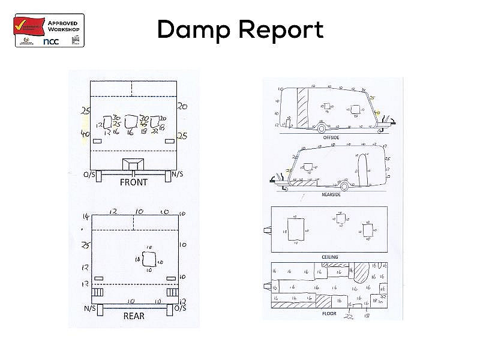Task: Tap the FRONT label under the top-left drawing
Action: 133,182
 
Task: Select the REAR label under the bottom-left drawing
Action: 133,316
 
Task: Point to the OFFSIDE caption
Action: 331,137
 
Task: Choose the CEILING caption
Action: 330,257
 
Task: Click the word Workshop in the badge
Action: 64,28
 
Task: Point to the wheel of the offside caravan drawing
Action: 322,128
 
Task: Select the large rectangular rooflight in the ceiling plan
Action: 295,229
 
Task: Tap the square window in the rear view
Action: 149,260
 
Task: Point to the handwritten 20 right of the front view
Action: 182,106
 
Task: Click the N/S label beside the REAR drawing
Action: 91,308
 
